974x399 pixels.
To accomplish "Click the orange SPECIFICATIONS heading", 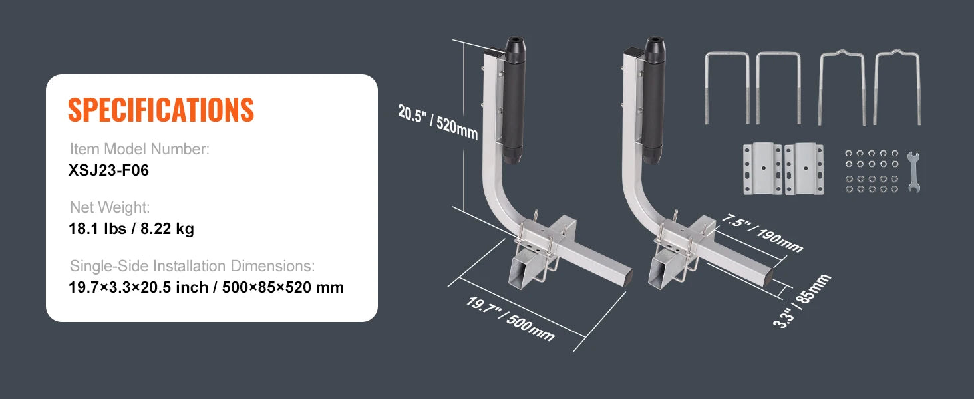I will pyautogui.click(x=161, y=110).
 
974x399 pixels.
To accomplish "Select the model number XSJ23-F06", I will pyautogui.click(x=108, y=170).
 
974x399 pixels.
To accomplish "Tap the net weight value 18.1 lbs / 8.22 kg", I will pyautogui.click(x=131, y=229).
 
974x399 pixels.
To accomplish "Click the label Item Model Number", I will pyautogui.click(x=140, y=149).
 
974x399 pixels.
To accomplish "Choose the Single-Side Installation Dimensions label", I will pyautogui.click(x=192, y=266).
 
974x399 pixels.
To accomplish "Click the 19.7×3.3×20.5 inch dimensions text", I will pyautogui.click(x=206, y=287).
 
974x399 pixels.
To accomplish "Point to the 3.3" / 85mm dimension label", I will pyautogui.click(x=802, y=301).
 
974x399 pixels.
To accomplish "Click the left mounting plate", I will pyautogui.click(x=761, y=169).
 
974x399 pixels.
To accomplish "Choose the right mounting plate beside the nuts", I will pyautogui.click(x=804, y=169).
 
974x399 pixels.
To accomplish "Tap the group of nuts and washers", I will pyautogui.click(x=871, y=171).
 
